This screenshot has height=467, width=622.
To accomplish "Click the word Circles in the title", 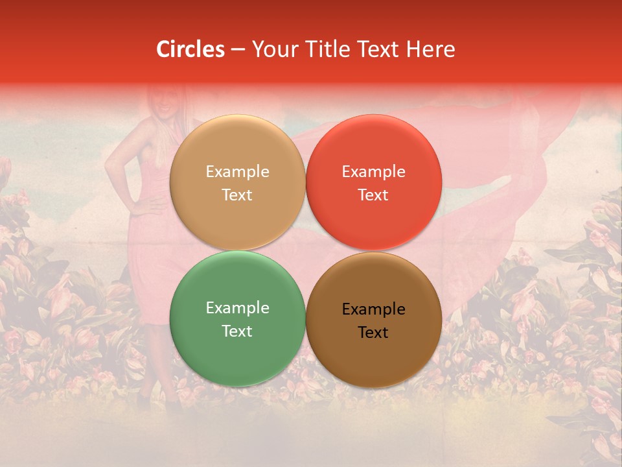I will point(190,49).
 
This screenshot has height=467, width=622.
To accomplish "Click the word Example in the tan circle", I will point(237,171).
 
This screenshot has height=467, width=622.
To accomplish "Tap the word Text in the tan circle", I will point(237,195).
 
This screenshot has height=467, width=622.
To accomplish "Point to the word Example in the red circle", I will point(373,171).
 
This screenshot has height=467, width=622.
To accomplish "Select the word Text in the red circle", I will point(373,195).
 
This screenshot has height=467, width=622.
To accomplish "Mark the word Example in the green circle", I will point(237,307).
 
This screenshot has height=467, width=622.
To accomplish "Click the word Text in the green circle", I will point(237,331).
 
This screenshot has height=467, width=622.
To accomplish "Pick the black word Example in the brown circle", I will point(373,309).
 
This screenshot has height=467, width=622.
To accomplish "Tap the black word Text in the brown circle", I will point(373,332).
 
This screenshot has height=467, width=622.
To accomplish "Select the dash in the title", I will point(238,50).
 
